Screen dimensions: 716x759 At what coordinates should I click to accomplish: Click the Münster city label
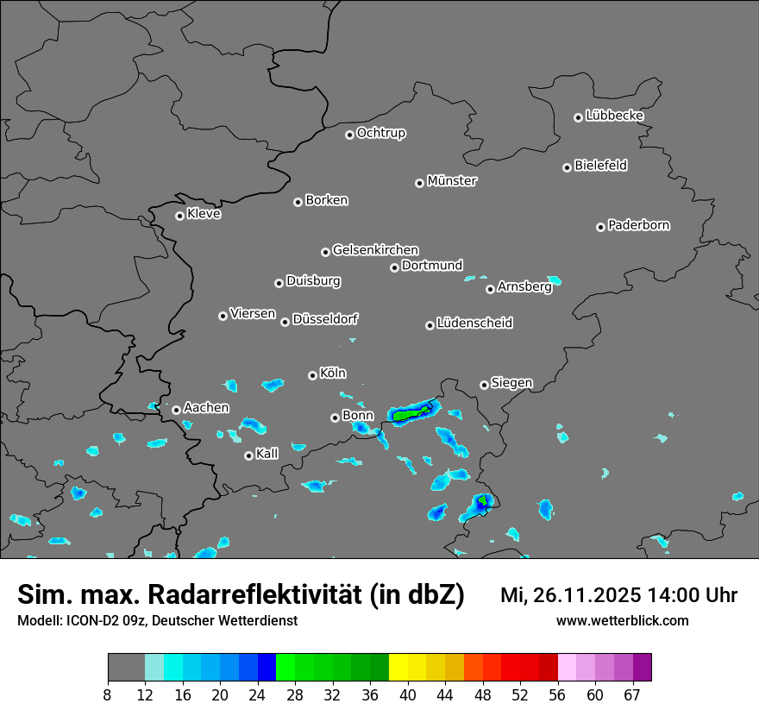(x=452, y=181)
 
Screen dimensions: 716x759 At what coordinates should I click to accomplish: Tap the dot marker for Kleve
(x=179, y=216)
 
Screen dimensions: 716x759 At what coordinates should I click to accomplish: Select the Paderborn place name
(x=639, y=225)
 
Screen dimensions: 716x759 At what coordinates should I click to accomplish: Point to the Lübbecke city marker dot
(x=578, y=117)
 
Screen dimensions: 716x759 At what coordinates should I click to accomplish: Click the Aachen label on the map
(x=206, y=408)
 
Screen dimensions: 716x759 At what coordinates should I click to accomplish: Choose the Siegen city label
(x=511, y=383)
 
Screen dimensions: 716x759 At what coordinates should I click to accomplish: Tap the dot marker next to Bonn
(x=335, y=418)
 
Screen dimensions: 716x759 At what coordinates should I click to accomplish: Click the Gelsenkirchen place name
(x=375, y=250)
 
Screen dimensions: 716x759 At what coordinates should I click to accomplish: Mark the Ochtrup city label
(x=381, y=133)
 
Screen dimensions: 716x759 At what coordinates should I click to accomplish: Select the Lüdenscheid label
(x=474, y=323)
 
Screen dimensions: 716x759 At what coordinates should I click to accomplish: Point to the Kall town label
(x=267, y=454)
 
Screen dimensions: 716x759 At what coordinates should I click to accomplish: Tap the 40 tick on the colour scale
(x=408, y=694)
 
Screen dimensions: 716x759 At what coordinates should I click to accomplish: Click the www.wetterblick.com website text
(x=623, y=620)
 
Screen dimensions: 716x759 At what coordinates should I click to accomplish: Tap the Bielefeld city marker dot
(x=567, y=167)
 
